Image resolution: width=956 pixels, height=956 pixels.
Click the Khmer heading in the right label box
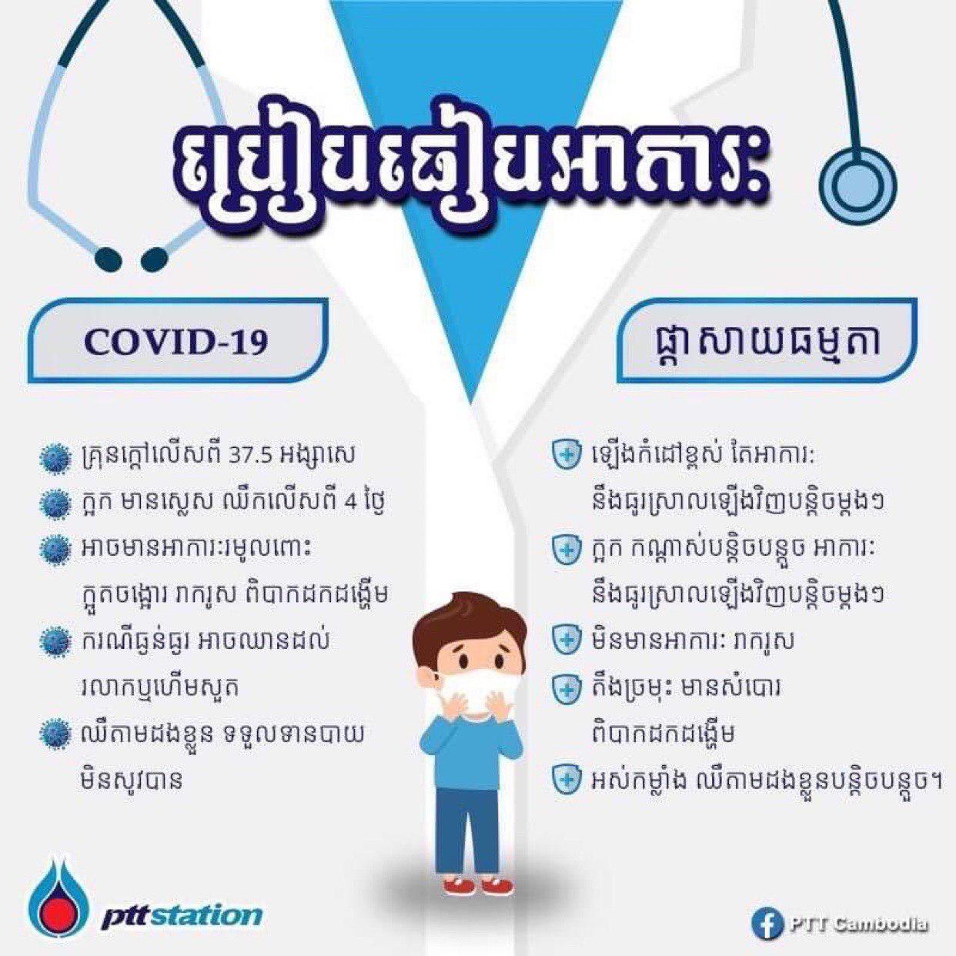pyautogui.click(x=764, y=343)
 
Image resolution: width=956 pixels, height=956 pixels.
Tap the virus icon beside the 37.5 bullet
pyautogui.click(x=54, y=456)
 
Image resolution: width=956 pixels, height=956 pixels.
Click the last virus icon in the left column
pyautogui.click(x=54, y=736)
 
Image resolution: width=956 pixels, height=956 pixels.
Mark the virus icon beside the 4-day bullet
pyautogui.click(x=54, y=502)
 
